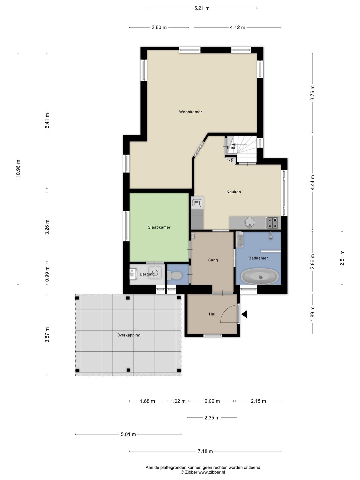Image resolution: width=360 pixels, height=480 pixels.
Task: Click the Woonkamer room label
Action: coord(190,112)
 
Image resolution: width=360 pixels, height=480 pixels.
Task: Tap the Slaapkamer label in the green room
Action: coord(159,227)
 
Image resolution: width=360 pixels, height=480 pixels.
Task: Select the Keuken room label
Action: coord(234,192)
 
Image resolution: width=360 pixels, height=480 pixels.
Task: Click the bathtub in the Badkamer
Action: coord(260,276)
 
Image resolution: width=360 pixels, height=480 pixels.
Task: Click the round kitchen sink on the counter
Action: coord(250,222)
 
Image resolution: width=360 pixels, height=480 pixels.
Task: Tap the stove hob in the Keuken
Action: coord(272,223)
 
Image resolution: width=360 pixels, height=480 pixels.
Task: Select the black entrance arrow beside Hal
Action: coord(244,314)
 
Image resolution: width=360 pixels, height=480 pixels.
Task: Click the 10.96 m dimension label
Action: coord(18,169)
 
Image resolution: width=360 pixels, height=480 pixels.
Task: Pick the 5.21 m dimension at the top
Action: coord(202,8)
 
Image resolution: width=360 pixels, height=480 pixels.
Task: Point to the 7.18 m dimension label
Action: coord(205,451)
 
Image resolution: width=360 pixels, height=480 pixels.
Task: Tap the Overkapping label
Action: coord(128,335)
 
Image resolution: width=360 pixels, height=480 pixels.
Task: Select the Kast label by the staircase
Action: coord(231,148)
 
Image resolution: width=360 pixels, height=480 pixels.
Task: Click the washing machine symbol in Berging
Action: coord(155,272)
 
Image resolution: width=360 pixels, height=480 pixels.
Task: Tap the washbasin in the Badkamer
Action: coord(240,239)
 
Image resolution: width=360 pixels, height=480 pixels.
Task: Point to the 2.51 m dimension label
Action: coord(342,258)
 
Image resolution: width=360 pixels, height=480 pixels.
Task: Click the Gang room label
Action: coord(213,260)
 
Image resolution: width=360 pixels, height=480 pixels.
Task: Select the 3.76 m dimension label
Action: coord(312,93)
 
